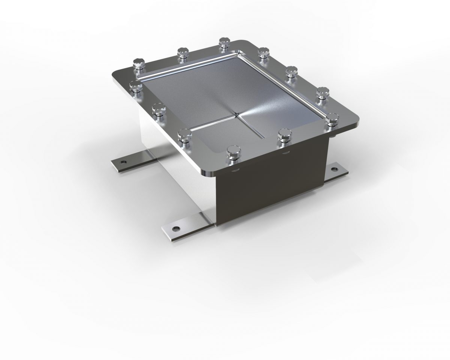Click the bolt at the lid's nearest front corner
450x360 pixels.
coord(232,153)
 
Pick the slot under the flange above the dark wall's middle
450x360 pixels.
coord(286,153)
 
